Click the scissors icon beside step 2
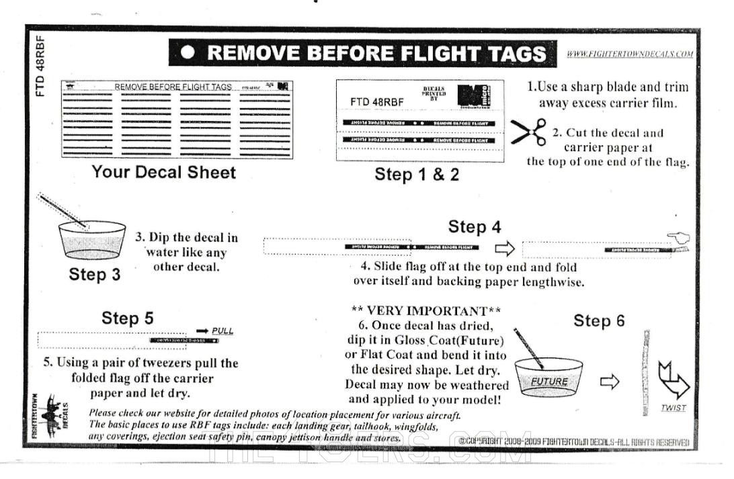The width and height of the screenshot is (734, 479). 528,132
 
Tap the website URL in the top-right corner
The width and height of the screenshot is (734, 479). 630,54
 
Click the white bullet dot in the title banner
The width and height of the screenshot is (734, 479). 189,53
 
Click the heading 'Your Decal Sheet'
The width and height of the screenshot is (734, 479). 164,172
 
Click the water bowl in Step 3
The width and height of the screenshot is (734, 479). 92,240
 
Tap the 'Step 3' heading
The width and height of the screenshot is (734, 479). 94,274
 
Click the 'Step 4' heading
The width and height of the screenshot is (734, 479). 475,227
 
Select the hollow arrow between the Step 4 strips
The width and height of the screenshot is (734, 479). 504,249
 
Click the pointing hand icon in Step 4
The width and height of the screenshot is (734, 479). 678,238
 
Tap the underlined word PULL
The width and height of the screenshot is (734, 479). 222,331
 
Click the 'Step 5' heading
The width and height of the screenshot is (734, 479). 128,318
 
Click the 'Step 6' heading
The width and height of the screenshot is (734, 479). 599,321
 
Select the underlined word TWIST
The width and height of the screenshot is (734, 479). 673,408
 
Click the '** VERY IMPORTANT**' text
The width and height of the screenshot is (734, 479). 426,310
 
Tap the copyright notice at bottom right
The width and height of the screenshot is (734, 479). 575,442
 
